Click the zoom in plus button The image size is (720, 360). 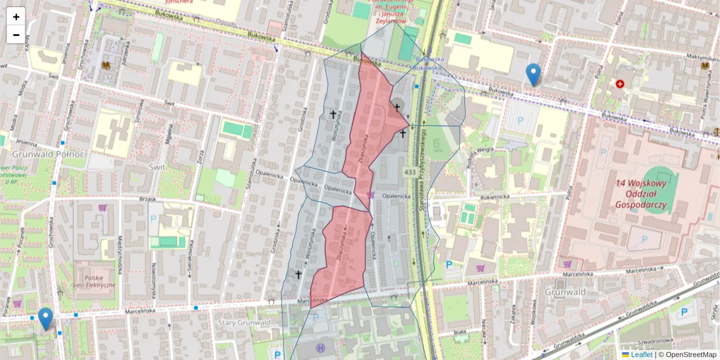[16, 17]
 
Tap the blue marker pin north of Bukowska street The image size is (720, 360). [533, 74]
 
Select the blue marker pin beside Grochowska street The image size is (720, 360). [45, 319]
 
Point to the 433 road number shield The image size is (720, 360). [410, 173]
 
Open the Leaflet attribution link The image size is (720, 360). [641, 355]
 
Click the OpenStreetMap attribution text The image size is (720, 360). [691, 355]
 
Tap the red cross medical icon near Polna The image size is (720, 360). [620, 85]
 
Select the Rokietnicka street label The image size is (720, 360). [494, 196]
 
